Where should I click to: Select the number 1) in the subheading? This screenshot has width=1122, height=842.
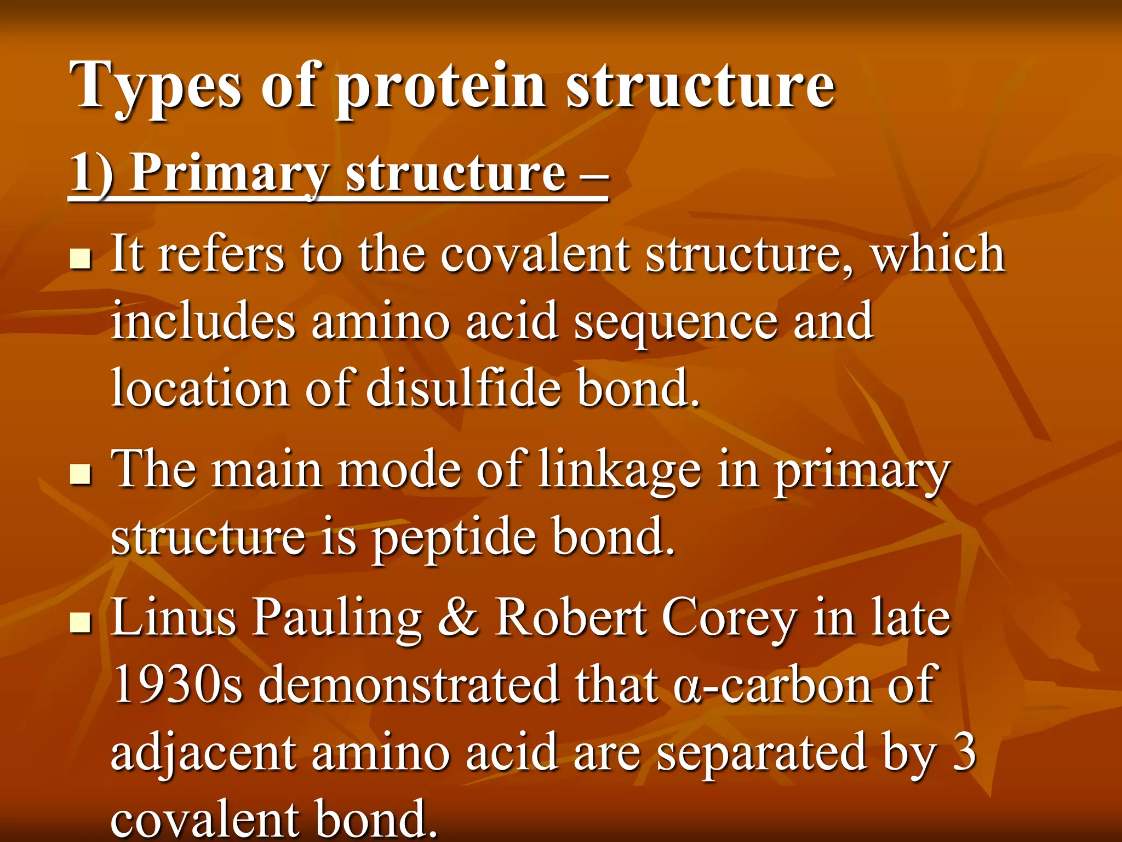[x=91, y=173]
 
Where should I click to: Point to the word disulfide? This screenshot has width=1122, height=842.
[x=463, y=388]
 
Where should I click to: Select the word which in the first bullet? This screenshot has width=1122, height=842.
[x=938, y=254]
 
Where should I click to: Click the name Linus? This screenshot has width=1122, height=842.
[x=173, y=618]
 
